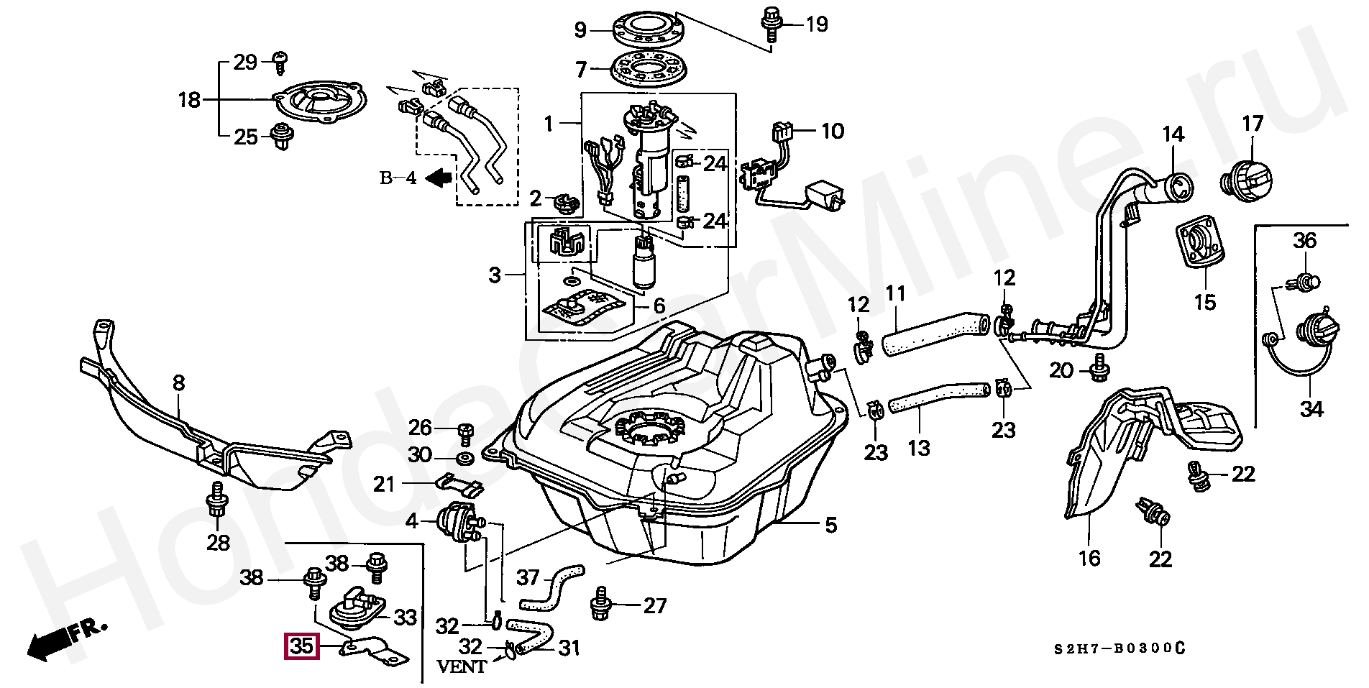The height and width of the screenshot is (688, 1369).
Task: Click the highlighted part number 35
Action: coord(301,646)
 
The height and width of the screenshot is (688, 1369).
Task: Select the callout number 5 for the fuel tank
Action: coord(830,526)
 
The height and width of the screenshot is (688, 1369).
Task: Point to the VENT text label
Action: coord(462,666)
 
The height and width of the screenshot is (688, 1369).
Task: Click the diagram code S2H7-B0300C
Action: coord(1119,648)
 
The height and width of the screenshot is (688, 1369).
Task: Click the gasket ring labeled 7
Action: coord(648,68)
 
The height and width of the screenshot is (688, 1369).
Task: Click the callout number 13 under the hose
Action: coord(918,448)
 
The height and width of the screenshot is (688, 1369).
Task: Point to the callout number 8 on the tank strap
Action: coord(178,383)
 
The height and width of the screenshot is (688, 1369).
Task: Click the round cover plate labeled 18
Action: coord(321,102)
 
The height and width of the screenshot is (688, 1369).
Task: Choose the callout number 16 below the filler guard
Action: coord(1089,558)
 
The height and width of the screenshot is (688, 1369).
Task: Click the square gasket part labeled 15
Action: coord(1199,249)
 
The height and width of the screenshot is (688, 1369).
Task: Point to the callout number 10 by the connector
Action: coord(832,131)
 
